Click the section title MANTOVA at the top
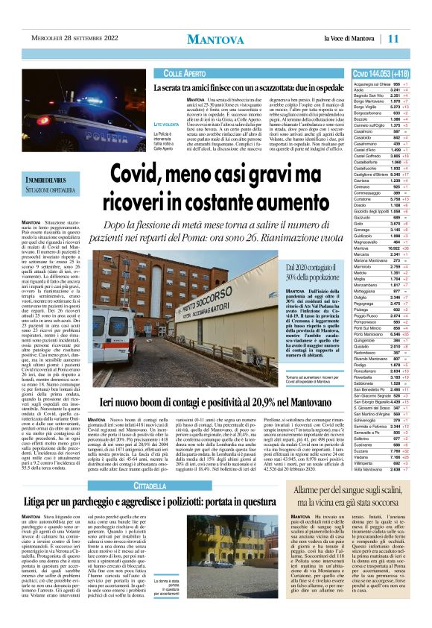click(x=215, y=39)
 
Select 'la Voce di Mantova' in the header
click(x=352, y=38)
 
